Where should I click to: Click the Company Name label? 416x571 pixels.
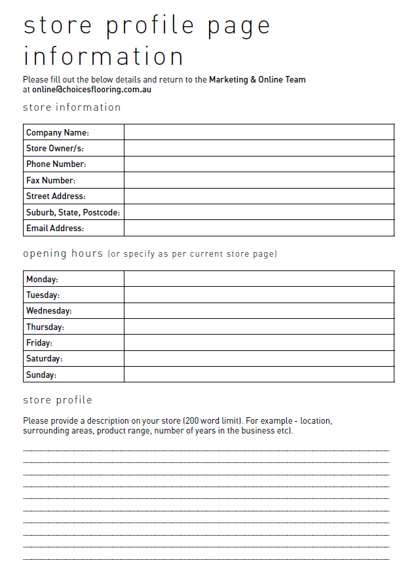tap(57, 132)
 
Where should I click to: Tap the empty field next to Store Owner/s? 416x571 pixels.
tap(259, 148)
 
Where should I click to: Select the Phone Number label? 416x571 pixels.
tap(56, 164)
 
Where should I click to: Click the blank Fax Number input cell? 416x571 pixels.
tap(259, 180)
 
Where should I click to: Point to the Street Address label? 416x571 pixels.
tap(56, 196)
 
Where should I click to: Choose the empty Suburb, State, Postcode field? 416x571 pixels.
tap(259, 212)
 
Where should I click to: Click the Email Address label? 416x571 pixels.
tap(55, 228)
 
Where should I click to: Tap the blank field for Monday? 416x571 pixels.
tap(259, 279)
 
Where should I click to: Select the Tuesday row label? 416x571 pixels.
tap(43, 295)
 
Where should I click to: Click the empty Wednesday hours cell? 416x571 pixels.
tap(259, 311)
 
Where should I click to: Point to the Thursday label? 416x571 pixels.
tap(45, 327)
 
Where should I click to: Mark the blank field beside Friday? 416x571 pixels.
tap(259, 342)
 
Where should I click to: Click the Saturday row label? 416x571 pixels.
tap(45, 359)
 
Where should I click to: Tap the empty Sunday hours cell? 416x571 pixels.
tap(259, 375)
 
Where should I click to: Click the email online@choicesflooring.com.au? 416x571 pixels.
tap(92, 89)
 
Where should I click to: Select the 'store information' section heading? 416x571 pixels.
tap(72, 107)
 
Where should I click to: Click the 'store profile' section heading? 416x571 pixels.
tap(58, 400)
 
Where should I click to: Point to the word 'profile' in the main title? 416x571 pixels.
tap(151, 25)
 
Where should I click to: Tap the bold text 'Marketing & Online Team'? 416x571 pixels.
tap(257, 80)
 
